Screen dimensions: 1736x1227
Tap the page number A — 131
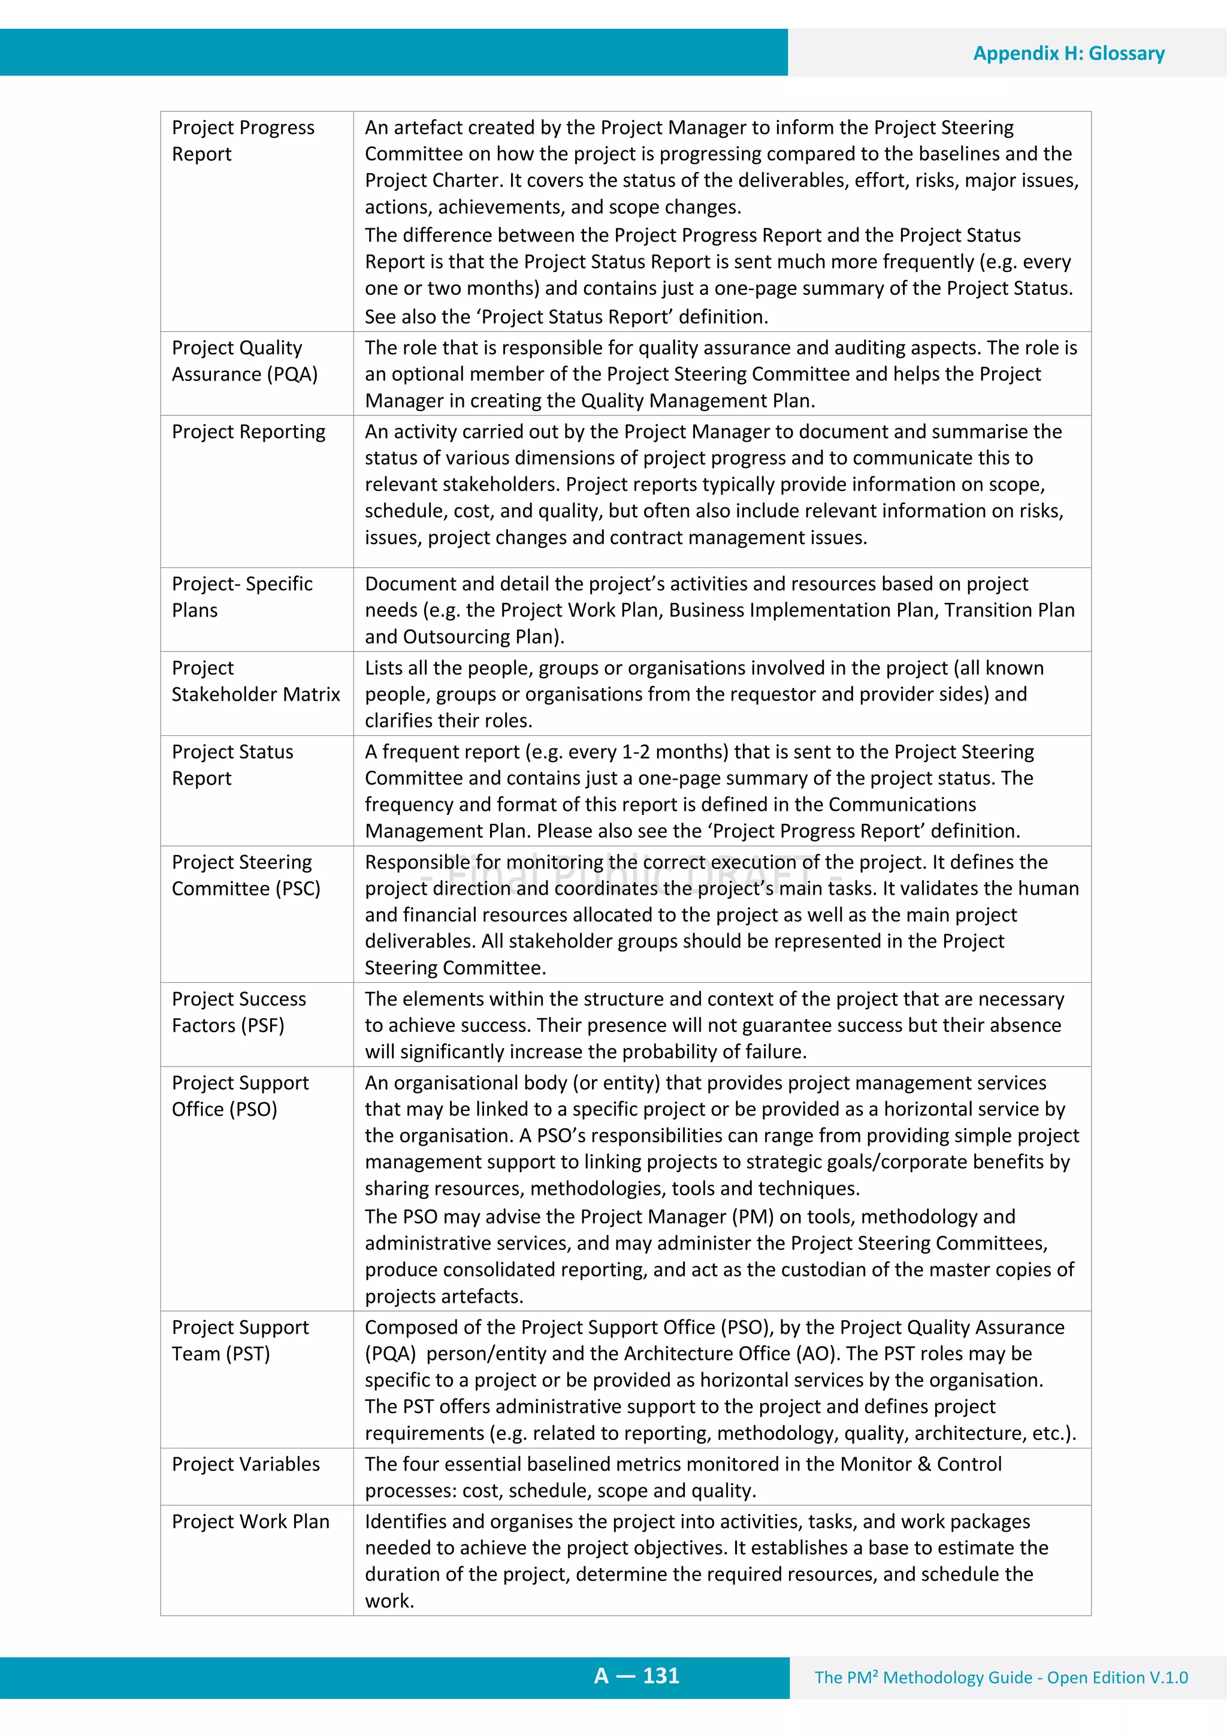636,1675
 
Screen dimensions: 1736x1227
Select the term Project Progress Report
243,141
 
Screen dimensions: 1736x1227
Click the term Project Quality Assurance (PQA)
244,361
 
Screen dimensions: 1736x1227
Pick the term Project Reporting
248,431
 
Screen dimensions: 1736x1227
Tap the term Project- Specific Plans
242,597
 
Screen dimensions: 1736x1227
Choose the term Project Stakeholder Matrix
256,681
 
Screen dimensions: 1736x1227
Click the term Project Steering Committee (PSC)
246,875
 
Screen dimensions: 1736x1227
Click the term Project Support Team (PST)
240,1340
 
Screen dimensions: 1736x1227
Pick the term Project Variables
246,1464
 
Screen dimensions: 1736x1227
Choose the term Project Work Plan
250,1521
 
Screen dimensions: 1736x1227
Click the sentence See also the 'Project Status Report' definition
566,317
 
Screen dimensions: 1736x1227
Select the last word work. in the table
389,1601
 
